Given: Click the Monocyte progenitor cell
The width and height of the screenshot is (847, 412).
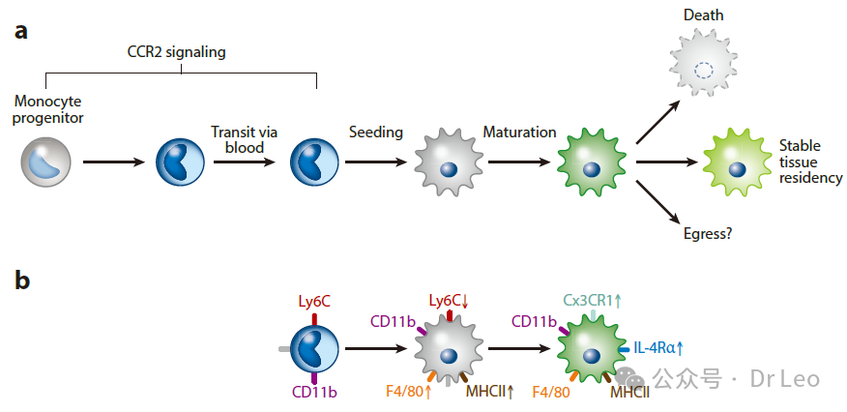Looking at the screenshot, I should [45, 162].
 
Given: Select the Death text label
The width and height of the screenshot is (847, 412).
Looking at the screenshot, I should [703, 15].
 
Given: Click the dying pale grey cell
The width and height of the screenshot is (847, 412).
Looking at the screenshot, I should [704, 67].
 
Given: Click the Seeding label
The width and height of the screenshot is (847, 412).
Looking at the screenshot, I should [375, 132].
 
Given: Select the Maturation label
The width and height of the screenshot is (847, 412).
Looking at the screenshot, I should [519, 132].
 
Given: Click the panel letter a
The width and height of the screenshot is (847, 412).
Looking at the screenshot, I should [20, 30].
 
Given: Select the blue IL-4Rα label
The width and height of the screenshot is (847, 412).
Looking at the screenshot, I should [657, 348].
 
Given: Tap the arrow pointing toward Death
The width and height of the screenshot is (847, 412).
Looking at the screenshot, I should [661, 121].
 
